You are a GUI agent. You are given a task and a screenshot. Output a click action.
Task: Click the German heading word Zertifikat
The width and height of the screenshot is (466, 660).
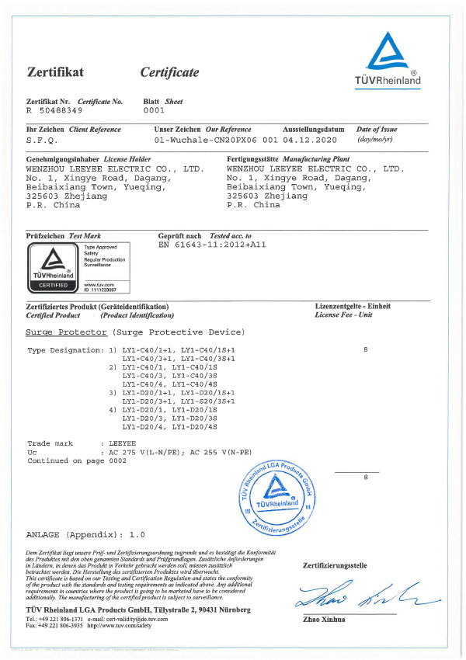point(55,73)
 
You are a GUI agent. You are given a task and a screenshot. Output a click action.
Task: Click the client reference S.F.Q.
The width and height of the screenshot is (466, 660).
point(40,141)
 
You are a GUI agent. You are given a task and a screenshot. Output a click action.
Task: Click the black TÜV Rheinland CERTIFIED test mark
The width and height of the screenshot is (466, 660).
point(52,266)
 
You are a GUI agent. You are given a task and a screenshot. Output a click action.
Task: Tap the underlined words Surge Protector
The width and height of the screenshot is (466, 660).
point(67,332)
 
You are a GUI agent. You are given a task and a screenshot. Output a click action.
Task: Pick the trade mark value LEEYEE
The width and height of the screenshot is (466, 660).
point(123,443)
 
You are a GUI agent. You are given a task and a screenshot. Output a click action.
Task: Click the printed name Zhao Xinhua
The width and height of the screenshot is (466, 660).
point(325,620)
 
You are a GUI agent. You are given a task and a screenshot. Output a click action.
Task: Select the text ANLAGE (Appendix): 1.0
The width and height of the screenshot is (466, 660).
point(85,536)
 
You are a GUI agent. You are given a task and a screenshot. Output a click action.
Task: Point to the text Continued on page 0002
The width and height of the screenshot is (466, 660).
point(76,460)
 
